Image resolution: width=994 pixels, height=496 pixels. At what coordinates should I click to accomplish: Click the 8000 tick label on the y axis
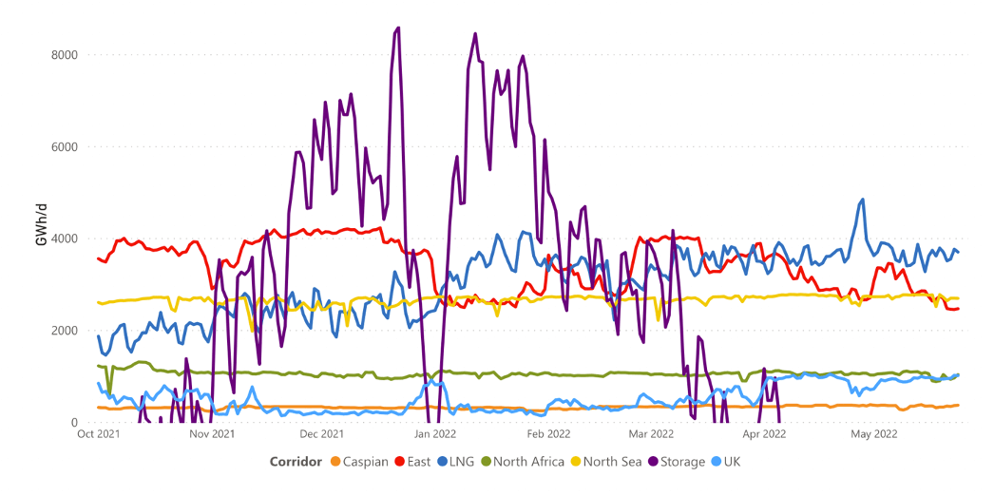coord(64,54)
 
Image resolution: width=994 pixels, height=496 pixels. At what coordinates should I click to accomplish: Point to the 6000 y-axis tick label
coord(64,146)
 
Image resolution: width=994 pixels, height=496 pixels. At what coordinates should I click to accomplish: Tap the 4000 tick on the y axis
coord(64,238)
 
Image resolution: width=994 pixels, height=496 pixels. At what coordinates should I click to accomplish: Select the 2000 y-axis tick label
coord(64,330)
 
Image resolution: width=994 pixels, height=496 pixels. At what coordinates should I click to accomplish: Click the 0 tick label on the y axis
coord(73,422)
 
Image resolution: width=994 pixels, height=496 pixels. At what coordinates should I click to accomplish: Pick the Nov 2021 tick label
coord(212,434)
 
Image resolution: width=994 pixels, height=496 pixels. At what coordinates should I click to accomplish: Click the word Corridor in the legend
coord(296,462)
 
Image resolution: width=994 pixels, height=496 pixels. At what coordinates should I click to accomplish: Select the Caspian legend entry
coord(360,462)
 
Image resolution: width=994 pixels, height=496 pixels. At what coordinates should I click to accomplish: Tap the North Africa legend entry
coord(523,462)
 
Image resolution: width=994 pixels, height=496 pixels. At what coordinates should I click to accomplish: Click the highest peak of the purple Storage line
coord(397,28)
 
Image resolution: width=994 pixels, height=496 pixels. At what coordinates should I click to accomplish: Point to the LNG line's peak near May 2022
coord(862,200)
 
